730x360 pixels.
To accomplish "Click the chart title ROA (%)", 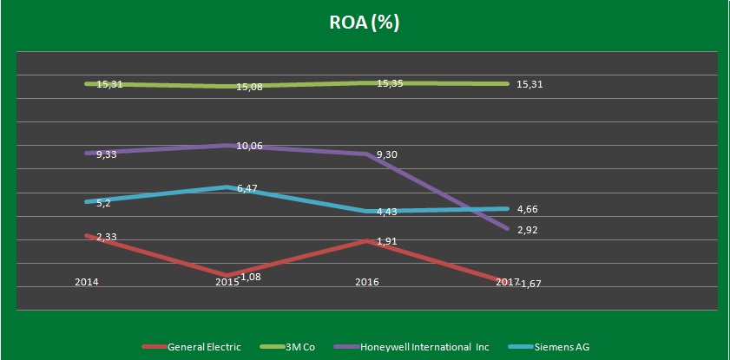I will pyautogui.click(x=365, y=23).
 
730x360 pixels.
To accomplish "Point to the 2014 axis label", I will pyautogui.click(x=87, y=283).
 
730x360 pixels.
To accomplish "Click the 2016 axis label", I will pyautogui.click(x=367, y=283).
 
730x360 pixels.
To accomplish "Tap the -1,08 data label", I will pyautogui.click(x=248, y=277).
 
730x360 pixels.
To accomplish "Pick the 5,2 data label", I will pyautogui.click(x=102, y=203).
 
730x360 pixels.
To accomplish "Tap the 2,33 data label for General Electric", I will pyautogui.click(x=108, y=236).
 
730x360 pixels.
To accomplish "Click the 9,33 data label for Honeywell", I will pyautogui.click(x=108, y=154).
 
